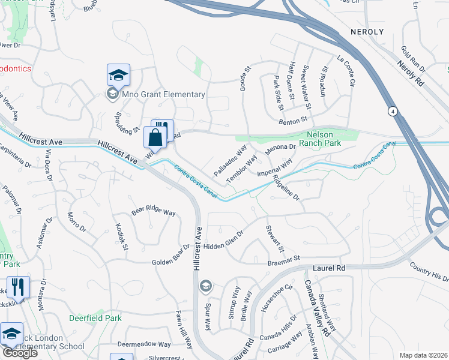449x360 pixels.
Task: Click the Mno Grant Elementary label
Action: (163, 94)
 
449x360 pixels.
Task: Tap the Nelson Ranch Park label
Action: (324, 139)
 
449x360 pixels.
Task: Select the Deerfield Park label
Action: (95, 318)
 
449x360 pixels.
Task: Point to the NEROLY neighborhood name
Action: (366, 31)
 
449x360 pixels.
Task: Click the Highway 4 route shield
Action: (392, 112)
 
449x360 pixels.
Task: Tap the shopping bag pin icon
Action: (155, 137)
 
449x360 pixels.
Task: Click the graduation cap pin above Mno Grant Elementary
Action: (119, 76)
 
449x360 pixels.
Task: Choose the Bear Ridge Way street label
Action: (154, 212)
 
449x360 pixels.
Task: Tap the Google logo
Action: (20, 353)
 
